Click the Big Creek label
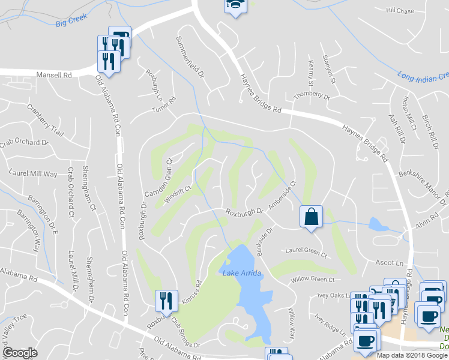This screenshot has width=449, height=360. click(68, 23)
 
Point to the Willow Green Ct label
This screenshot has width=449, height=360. click(313, 279)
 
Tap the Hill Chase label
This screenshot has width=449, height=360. click(400, 11)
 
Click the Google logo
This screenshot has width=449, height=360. click(20, 353)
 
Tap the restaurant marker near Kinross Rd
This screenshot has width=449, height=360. click(166, 301)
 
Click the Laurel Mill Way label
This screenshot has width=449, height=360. click(34, 173)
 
